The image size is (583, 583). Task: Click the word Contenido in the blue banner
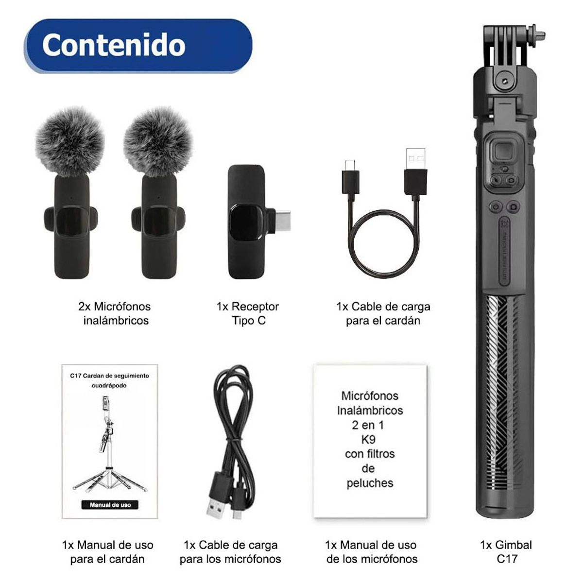click(114, 45)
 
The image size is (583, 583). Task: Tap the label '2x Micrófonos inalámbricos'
click(115, 313)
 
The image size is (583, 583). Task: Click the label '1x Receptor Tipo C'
click(248, 313)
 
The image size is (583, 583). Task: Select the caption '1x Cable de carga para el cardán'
click(383, 313)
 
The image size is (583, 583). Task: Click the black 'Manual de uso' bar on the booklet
click(110, 505)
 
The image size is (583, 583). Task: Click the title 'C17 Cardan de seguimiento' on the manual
click(109, 376)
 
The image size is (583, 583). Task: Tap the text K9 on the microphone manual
click(369, 440)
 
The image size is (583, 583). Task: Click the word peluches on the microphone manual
click(370, 483)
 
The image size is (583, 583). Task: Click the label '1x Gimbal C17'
click(506, 551)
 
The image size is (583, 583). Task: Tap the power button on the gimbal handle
click(496, 206)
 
